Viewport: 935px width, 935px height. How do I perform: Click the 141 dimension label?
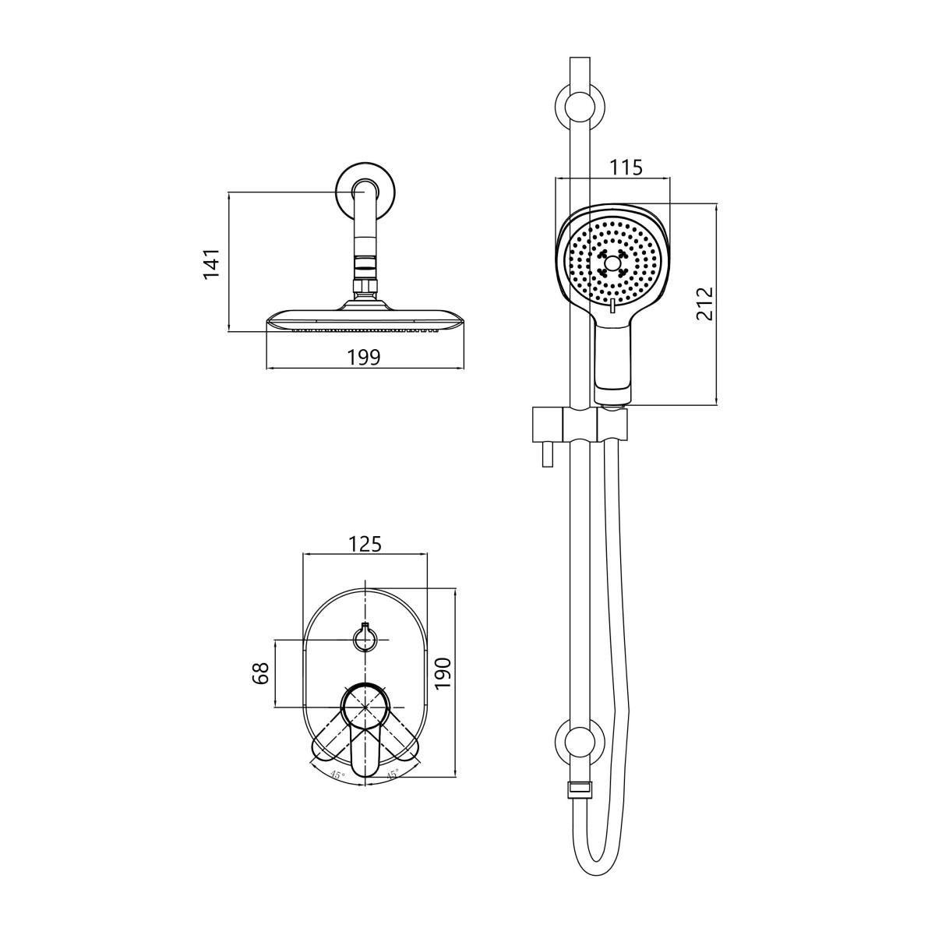(212, 263)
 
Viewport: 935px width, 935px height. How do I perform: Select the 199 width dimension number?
(365, 358)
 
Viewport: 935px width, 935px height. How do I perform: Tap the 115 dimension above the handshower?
(626, 168)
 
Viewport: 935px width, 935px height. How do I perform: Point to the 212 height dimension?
(705, 303)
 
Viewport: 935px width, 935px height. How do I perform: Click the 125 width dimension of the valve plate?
(365, 544)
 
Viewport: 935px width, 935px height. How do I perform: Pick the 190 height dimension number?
(443, 673)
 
